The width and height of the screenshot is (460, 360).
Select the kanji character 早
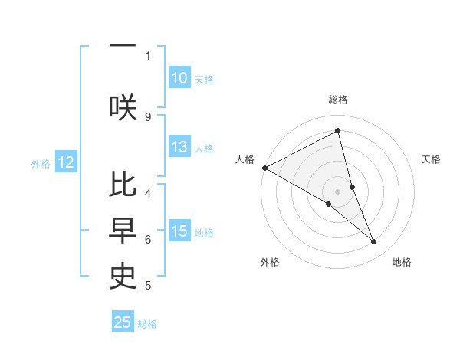(123, 231)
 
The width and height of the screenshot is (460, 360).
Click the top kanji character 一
(123, 44)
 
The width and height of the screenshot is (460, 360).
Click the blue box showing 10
(179, 78)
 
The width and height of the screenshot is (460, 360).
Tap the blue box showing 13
(179, 148)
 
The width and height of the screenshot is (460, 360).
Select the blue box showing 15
(179, 232)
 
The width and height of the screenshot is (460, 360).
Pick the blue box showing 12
(66, 162)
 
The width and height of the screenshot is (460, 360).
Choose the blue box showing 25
(123, 322)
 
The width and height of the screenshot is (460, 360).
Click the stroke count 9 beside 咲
(148, 116)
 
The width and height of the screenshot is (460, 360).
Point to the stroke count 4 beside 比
(148, 193)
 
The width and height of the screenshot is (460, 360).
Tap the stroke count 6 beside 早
(148, 240)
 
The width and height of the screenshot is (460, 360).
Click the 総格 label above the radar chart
(338, 100)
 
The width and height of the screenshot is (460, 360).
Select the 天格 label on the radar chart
(432, 159)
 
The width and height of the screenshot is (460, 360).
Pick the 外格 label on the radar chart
(270, 262)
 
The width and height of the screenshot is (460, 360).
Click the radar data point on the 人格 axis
(264, 167)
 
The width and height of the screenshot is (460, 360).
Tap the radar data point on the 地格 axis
(374, 241)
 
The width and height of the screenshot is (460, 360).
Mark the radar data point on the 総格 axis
(338, 130)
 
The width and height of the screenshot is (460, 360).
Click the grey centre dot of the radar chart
(338, 191)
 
